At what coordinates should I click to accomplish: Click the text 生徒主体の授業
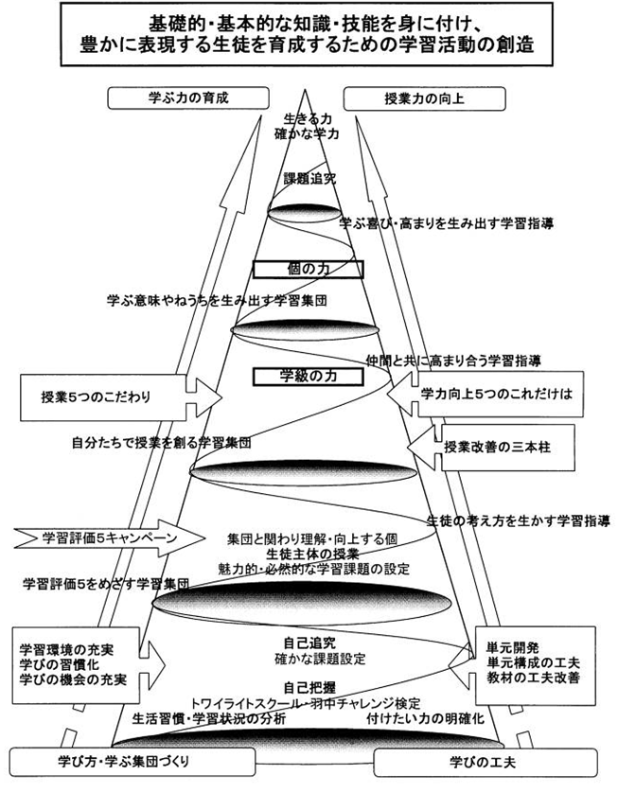point(307,554)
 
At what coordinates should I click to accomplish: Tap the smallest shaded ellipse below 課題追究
point(303,209)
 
